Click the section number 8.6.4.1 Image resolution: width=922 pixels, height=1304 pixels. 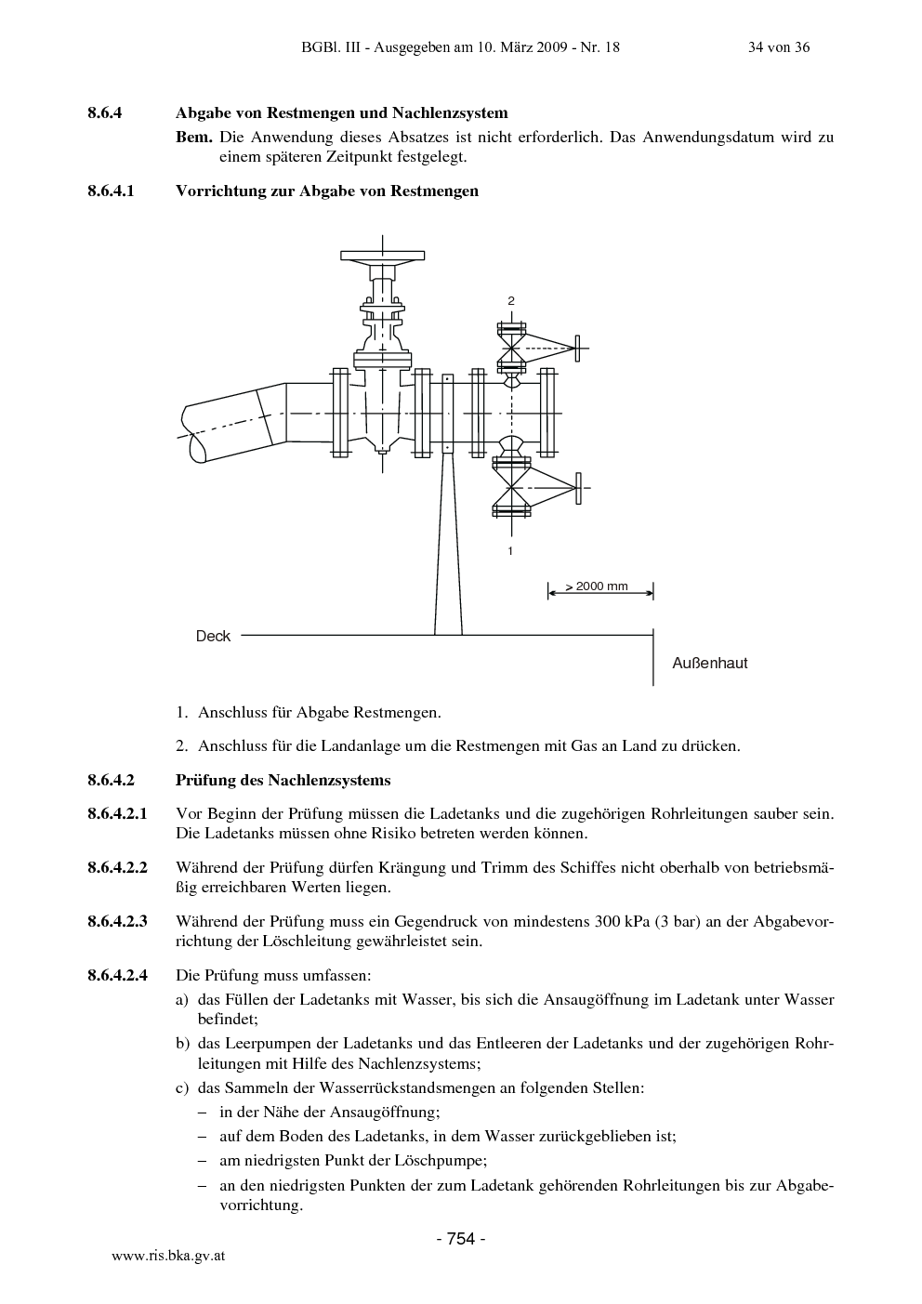tap(111, 191)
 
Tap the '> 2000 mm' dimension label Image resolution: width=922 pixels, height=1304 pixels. tap(597, 586)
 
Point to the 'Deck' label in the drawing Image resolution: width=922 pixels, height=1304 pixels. tap(213, 637)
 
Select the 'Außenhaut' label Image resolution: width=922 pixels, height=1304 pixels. tap(709, 664)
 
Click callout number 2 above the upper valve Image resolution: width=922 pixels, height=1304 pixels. tap(511, 301)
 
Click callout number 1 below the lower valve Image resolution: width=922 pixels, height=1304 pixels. tap(510, 551)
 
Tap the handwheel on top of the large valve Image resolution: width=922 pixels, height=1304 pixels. tap(382, 256)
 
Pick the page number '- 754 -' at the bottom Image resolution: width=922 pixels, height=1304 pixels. tap(461, 1239)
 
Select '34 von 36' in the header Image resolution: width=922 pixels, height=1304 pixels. tap(779, 47)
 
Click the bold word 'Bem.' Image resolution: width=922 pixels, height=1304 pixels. tap(194, 138)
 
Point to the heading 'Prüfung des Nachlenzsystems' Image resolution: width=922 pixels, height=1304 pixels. tap(283, 780)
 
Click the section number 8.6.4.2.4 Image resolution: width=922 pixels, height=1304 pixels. tap(118, 975)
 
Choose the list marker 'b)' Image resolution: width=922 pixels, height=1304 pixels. tap(183, 1044)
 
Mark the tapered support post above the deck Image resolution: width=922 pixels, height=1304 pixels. tap(448, 545)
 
